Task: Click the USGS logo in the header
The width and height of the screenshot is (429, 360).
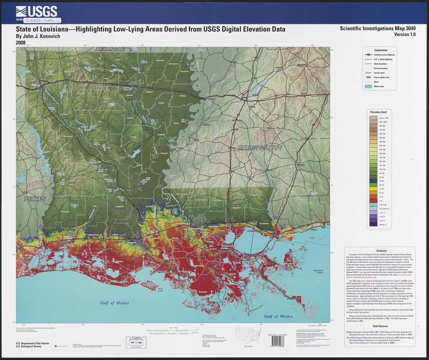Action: [x=36, y=12]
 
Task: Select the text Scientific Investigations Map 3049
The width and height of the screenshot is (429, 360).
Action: [x=378, y=28]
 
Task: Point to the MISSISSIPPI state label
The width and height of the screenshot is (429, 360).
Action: [x=260, y=148]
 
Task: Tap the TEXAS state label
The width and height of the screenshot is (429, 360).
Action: [x=35, y=198]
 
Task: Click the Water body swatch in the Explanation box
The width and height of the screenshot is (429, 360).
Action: [x=370, y=86]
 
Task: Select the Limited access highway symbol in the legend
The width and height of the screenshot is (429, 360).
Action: [x=370, y=54]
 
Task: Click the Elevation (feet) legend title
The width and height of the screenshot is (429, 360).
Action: [x=379, y=112]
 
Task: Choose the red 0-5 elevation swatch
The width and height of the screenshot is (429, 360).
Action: [x=373, y=200]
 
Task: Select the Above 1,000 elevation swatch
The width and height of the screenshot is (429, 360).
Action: [x=373, y=117]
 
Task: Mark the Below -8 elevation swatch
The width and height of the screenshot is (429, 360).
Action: [x=373, y=224]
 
